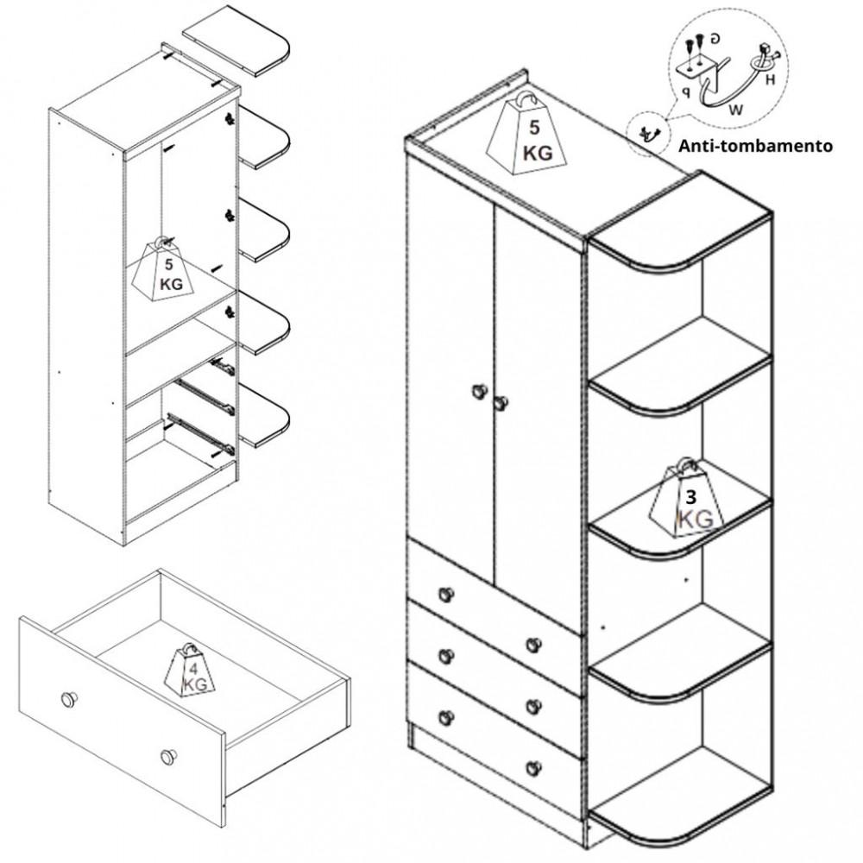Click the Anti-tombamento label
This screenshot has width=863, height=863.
pos(755,146)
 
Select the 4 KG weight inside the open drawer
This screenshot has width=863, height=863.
pos(191,671)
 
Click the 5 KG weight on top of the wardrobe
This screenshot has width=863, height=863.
pos(526,134)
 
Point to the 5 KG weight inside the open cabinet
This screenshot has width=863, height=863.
pos(164,269)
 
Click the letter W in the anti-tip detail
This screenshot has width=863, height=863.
pos(735,110)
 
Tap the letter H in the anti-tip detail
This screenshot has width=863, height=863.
pos(770,79)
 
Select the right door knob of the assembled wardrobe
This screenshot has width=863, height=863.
pos(500,403)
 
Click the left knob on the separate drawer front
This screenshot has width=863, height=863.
pos(69,699)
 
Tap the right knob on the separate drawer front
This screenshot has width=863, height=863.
pos(169,756)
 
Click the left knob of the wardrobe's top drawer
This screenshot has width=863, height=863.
pos(446,595)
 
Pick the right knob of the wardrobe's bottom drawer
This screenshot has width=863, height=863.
pos(532,768)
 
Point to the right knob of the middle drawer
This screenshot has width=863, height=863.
pos(532,706)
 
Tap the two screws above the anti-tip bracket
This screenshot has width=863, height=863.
pos(694,47)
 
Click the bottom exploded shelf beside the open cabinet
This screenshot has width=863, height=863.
pos(263,416)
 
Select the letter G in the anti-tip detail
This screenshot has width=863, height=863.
pos(715,39)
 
